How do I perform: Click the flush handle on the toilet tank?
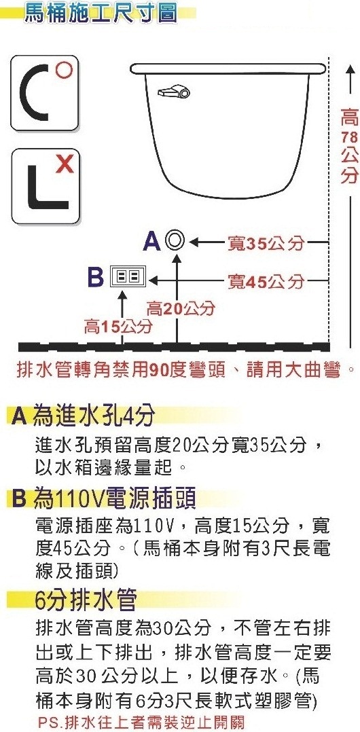(174, 92)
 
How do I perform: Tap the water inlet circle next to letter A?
(177, 241)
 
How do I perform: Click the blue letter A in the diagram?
(153, 241)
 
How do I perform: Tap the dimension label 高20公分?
(181, 308)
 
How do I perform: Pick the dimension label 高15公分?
(118, 327)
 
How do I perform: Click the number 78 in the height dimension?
(349, 138)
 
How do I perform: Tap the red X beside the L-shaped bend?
(65, 164)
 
